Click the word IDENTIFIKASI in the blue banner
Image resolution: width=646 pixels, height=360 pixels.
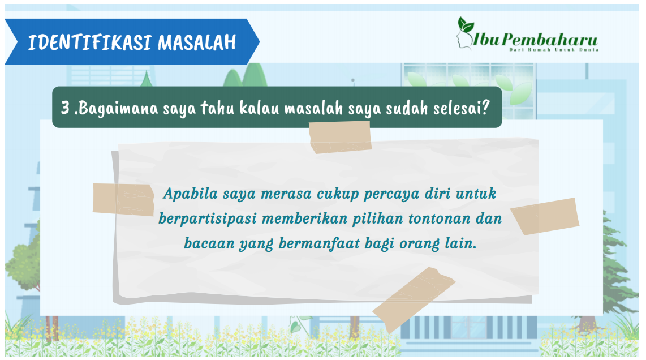pos(89,42)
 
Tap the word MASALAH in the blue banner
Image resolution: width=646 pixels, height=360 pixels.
pos(197,42)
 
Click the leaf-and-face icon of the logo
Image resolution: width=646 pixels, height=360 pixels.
pos(466,33)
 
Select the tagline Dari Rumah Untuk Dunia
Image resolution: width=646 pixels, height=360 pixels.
pos(554,49)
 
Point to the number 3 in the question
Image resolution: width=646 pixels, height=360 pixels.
pos(65,108)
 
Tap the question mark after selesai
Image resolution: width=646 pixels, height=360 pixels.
pos(485,108)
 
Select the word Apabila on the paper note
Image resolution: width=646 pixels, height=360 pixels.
pos(190,194)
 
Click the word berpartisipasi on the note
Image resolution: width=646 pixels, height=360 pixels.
pos(208,219)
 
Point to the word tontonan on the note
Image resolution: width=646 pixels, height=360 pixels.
pos(439,218)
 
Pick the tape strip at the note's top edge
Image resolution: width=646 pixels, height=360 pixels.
pos(341,138)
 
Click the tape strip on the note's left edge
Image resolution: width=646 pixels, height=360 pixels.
pos(123,200)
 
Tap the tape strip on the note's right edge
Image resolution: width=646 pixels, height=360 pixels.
pos(545,216)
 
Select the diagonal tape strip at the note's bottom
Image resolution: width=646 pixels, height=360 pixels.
pos(414,300)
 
